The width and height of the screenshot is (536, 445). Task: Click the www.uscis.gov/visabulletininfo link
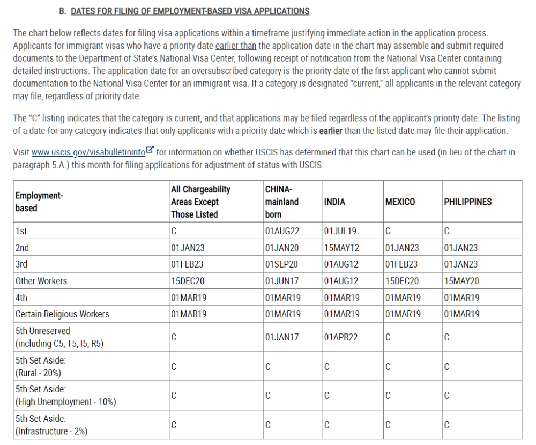tap(88, 153)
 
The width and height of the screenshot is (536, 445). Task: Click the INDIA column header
tap(335, 202)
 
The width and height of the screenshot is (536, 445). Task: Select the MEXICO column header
tap(399, 202)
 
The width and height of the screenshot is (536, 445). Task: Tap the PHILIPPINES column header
tap(468, 202)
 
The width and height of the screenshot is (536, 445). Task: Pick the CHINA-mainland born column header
tap(282, 202)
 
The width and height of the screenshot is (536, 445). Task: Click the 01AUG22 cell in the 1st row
tap(282, 232)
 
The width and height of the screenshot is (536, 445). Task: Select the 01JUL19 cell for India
tap(339, 232)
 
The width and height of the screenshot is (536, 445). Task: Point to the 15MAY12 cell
tap(340, 248)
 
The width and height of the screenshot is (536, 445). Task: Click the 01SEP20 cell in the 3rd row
tap(282, 264)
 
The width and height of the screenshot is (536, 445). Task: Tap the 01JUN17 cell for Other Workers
tap(282, 281)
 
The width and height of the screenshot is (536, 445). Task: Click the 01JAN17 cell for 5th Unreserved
tap(282, 337)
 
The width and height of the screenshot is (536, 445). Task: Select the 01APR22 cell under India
tap(340, 337)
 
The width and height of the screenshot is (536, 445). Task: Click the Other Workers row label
tap(41, 281)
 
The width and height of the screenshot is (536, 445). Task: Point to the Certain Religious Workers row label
tap(62, 314)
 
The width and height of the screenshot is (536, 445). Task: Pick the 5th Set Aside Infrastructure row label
tap(51, 425)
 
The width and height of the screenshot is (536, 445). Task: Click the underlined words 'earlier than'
tap(235, 46)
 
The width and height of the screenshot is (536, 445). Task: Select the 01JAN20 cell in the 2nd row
tap(282, 248)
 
